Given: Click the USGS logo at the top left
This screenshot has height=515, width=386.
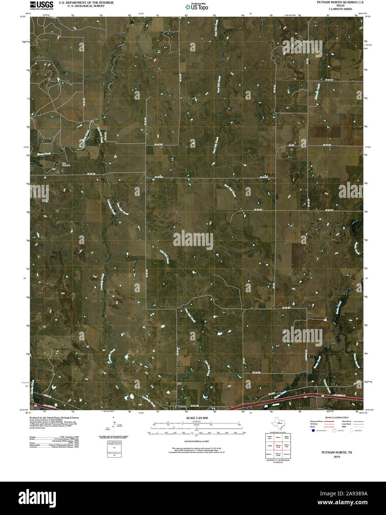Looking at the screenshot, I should tap(41, 5).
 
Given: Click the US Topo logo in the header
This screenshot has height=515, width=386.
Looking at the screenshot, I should tap(197, 7).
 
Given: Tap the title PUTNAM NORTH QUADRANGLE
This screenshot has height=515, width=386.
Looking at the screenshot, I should tap(335, 2).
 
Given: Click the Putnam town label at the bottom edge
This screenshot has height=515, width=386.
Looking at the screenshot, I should tap(182, 406).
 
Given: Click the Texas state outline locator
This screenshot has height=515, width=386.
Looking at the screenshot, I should tap(278, 423).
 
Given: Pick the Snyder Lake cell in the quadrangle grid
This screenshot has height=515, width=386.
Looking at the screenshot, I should tap(269, 438).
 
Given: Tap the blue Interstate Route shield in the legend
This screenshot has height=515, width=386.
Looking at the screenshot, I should tap(313, 431).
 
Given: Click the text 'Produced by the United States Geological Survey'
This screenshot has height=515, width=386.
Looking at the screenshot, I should tap(54, 418).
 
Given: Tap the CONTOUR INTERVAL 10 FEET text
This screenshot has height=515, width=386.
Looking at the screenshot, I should tap(197, 442).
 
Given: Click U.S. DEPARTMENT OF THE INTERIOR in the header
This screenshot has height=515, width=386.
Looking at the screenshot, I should tap(86, 3).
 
